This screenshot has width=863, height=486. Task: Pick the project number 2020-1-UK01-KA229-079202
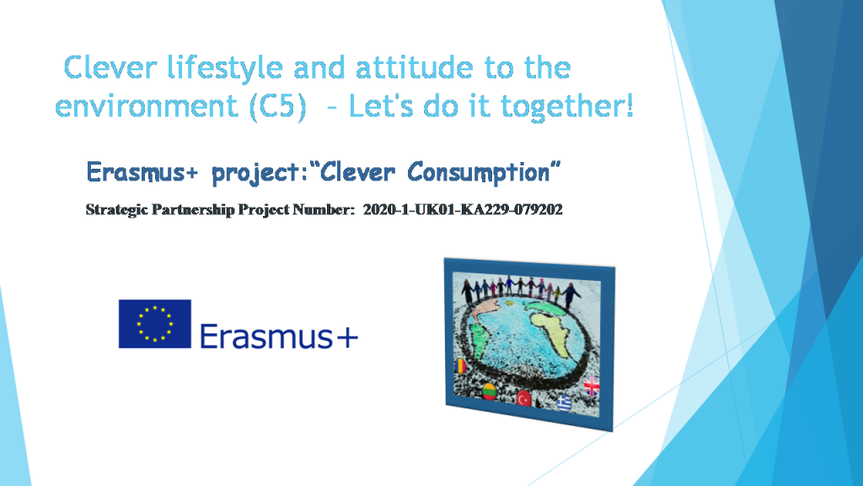point(463,209)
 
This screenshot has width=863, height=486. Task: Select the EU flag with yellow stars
point(154,324)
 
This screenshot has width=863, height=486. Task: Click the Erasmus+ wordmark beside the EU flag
point(279,337)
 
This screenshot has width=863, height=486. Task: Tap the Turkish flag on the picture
point(524,397)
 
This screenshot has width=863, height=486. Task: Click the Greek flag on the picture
point(564,402)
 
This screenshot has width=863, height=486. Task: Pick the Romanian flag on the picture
point(461,367)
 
